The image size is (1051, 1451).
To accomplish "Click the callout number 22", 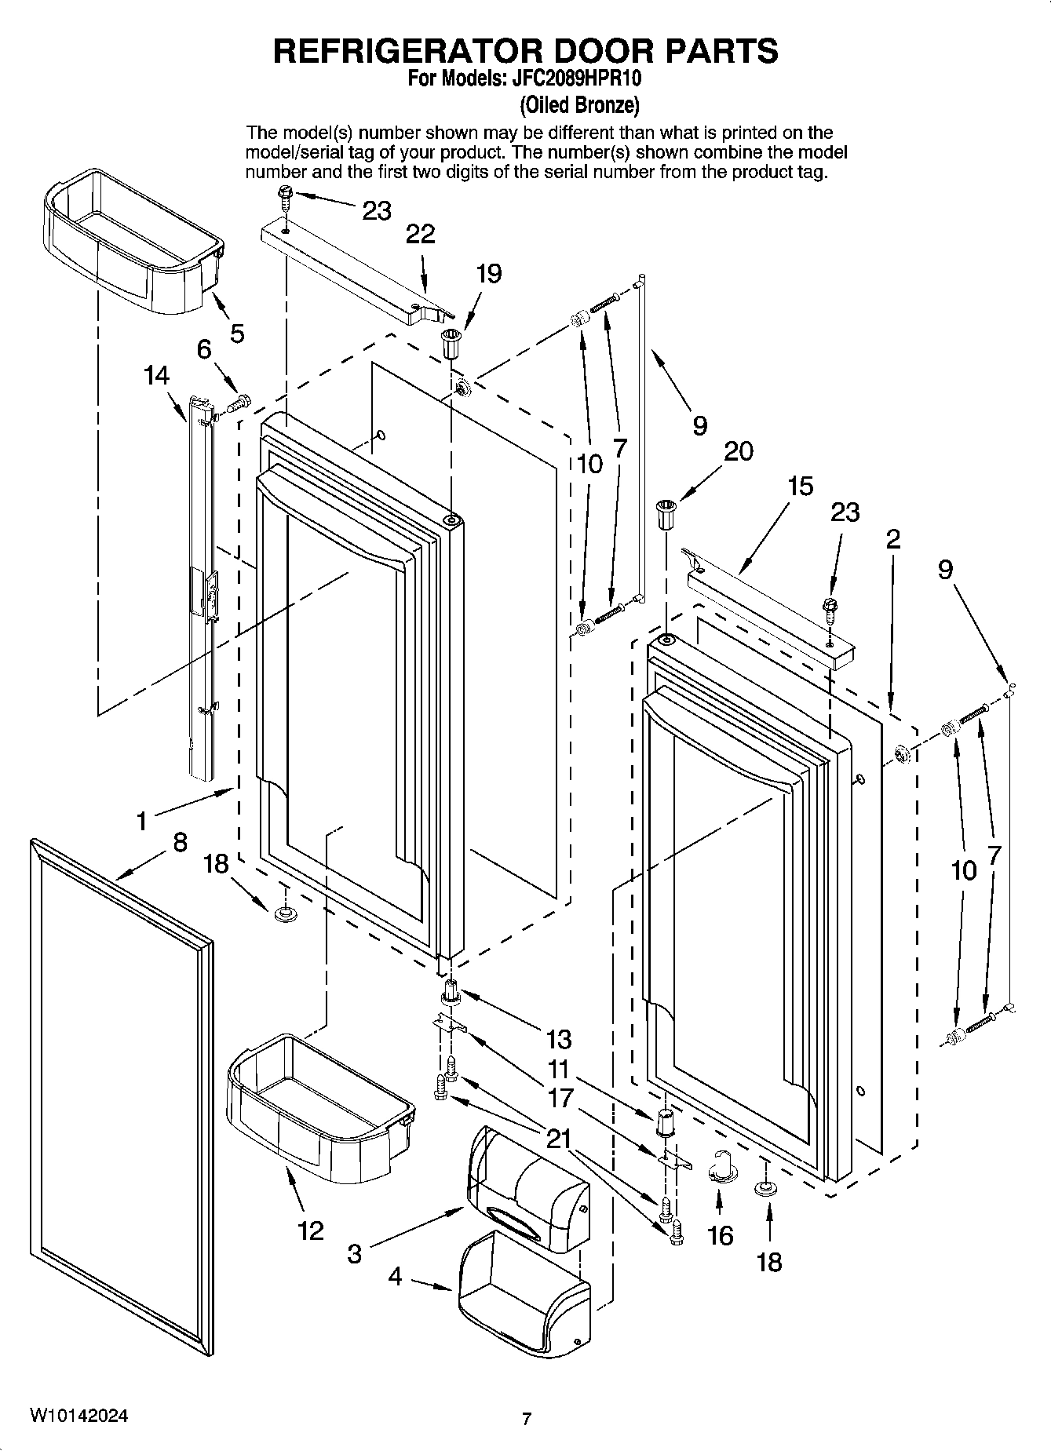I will (x=421, y=234).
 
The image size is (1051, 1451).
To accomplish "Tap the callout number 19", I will (x=488, y=274).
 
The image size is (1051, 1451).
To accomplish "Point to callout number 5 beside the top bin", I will (x=236, y=334).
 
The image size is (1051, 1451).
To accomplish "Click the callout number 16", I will (x=720, y=1235).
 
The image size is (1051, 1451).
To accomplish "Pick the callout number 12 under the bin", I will (x=311, y=1230).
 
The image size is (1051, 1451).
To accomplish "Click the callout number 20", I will (x=738, y=451).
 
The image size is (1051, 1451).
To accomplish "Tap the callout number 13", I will (x=558, y=1039).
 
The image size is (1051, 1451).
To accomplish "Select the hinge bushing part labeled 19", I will (x=450, y=344).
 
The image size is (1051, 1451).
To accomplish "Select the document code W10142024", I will (x=79, y=1416).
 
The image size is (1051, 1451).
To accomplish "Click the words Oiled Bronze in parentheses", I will (x=579, y=104).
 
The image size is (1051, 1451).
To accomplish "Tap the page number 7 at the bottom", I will (x=527, y=1419).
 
